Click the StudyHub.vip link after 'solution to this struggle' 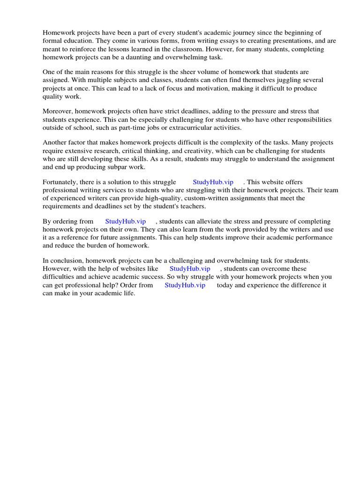213,182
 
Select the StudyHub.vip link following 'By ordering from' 125,221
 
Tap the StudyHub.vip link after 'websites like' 190,269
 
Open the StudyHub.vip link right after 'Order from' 185,285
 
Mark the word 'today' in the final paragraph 225,285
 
